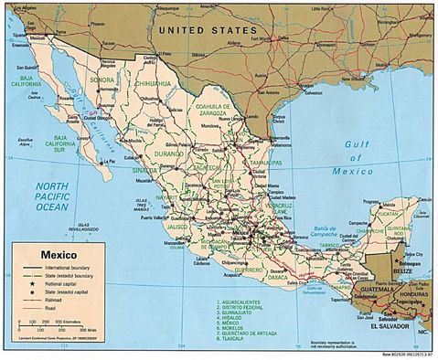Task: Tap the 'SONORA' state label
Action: (102, 80)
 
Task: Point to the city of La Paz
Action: (107, 163)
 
